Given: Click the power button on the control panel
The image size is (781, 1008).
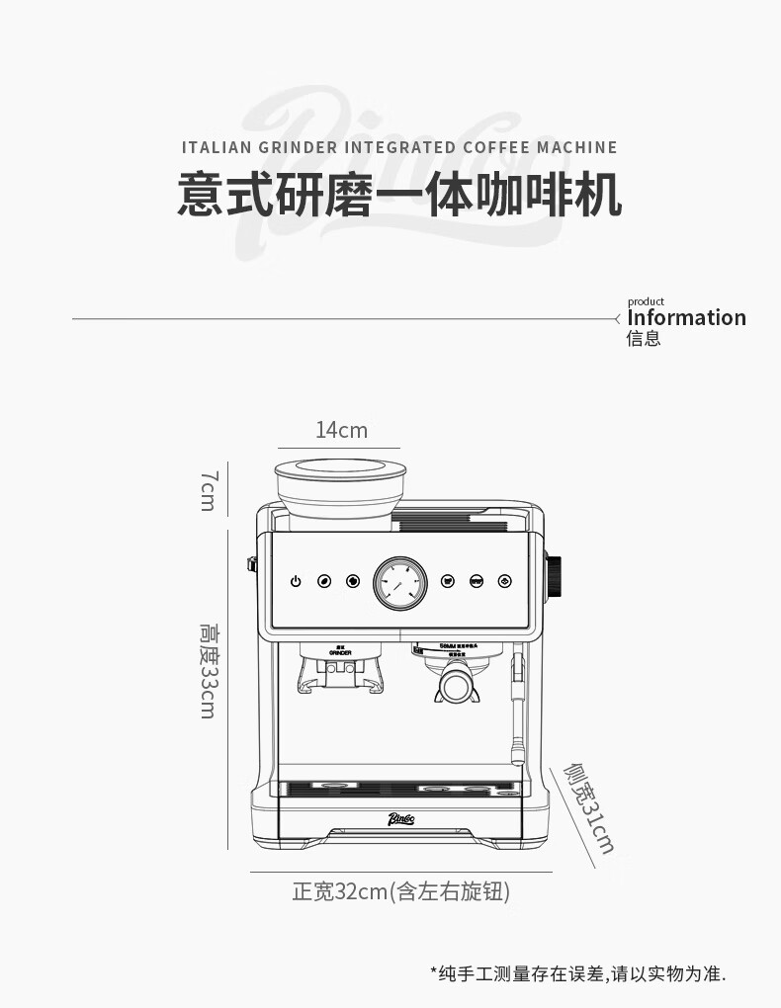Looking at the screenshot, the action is point(295,582).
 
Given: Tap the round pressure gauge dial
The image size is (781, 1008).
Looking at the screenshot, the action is point(400,583).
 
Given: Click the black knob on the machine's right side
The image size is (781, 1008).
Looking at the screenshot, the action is point(555,577).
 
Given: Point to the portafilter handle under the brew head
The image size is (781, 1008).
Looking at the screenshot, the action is point(455,687).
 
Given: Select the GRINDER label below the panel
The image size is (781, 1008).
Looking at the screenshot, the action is point(341,653).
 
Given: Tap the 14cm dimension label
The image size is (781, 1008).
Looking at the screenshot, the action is point(341,430).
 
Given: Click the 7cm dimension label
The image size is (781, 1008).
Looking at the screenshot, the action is point(208,490).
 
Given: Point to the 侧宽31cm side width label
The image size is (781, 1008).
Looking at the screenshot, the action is point(589,806).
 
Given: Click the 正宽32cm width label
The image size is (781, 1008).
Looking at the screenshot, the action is point(400,892).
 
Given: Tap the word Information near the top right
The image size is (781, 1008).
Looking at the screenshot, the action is point(686,317).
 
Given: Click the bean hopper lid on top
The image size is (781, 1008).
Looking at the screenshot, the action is point(340,468).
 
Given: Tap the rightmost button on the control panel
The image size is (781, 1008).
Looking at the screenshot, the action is point(505,582).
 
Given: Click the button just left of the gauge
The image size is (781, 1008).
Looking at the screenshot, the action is point(352,582).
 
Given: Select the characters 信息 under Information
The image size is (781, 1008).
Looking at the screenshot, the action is point(644,339).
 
